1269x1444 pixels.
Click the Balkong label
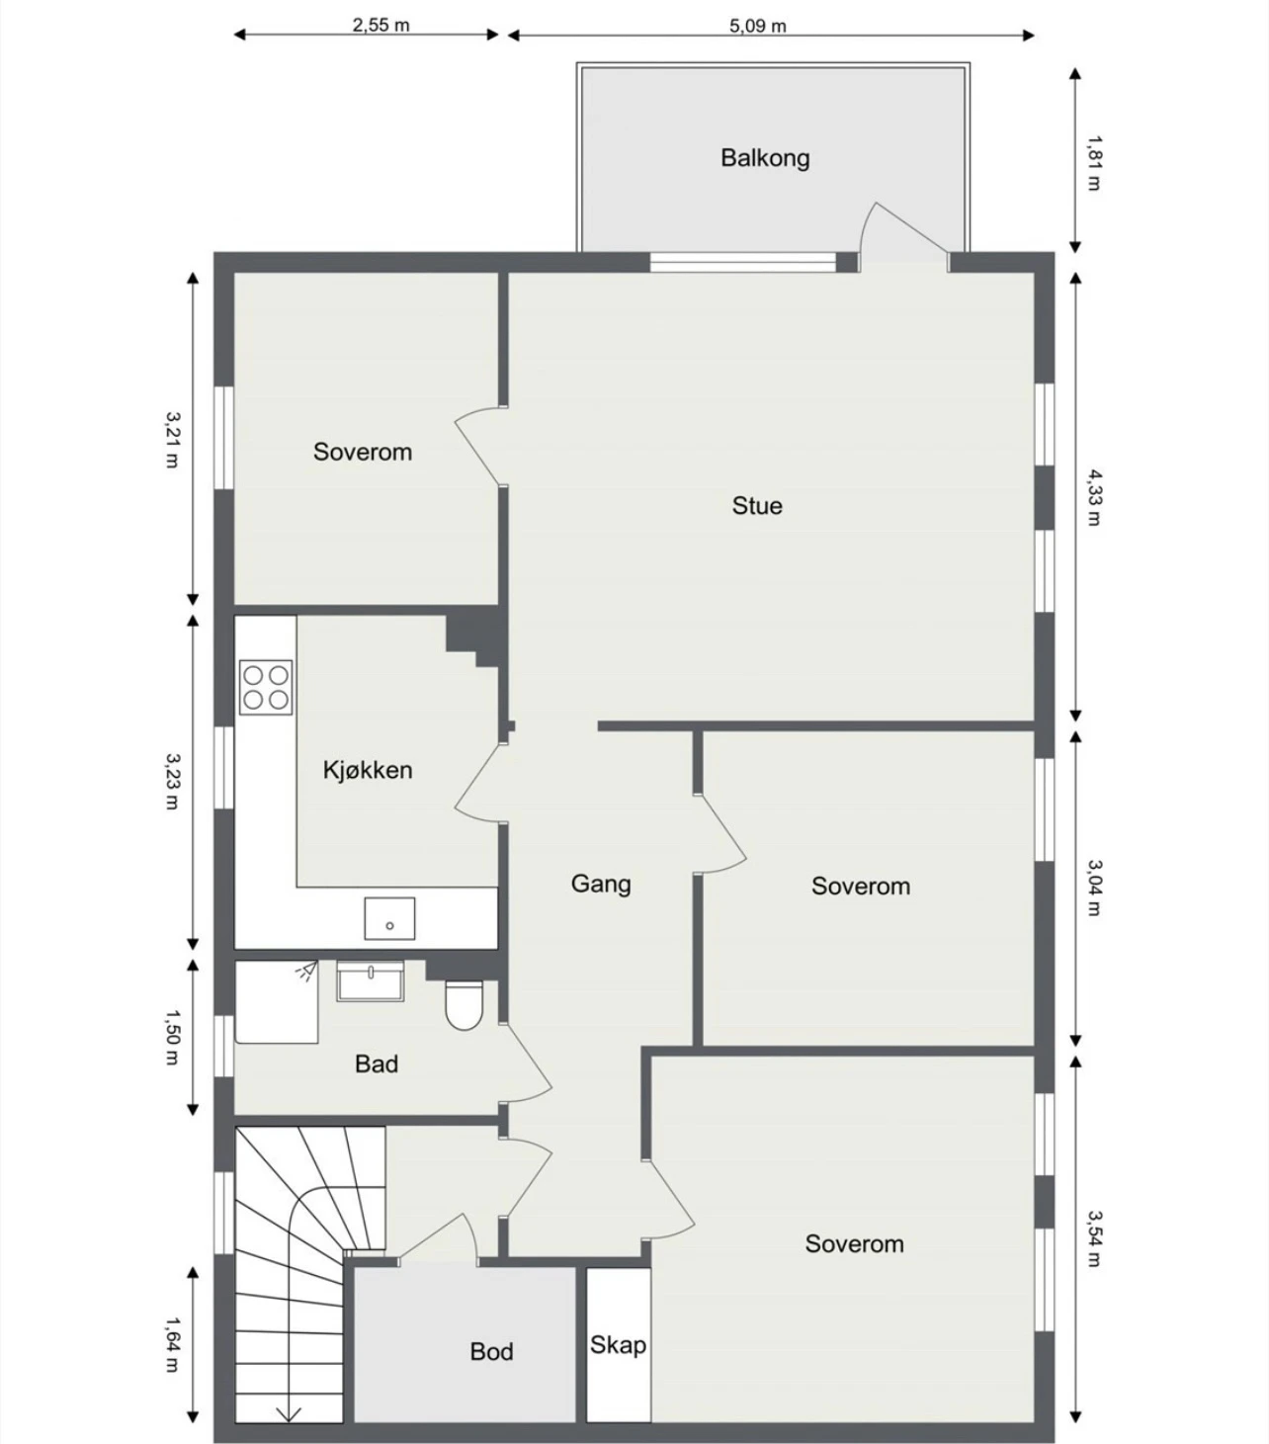[765, 157]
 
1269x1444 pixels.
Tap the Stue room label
[757, 505]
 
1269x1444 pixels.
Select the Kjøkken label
[367, 770]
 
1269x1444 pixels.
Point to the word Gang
[601, 884]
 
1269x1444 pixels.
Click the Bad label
[377, 1064]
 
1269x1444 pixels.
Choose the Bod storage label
[492, 1351]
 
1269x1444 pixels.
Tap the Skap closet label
[618, 1345]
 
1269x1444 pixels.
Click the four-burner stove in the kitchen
[266, 687]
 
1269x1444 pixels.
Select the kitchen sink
[389, 918]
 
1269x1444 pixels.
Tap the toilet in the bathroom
[465, 1006]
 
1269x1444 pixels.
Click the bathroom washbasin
[371, 981]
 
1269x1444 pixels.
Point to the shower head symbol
[306, 971]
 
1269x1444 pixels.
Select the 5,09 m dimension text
[758, 27]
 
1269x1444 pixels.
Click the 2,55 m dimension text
[381, 25]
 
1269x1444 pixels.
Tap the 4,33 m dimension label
[1094, 497]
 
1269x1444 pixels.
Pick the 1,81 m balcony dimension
[1094, 163]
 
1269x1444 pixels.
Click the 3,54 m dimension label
[1094, 1238]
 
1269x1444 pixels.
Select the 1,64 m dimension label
[172, 1344]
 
